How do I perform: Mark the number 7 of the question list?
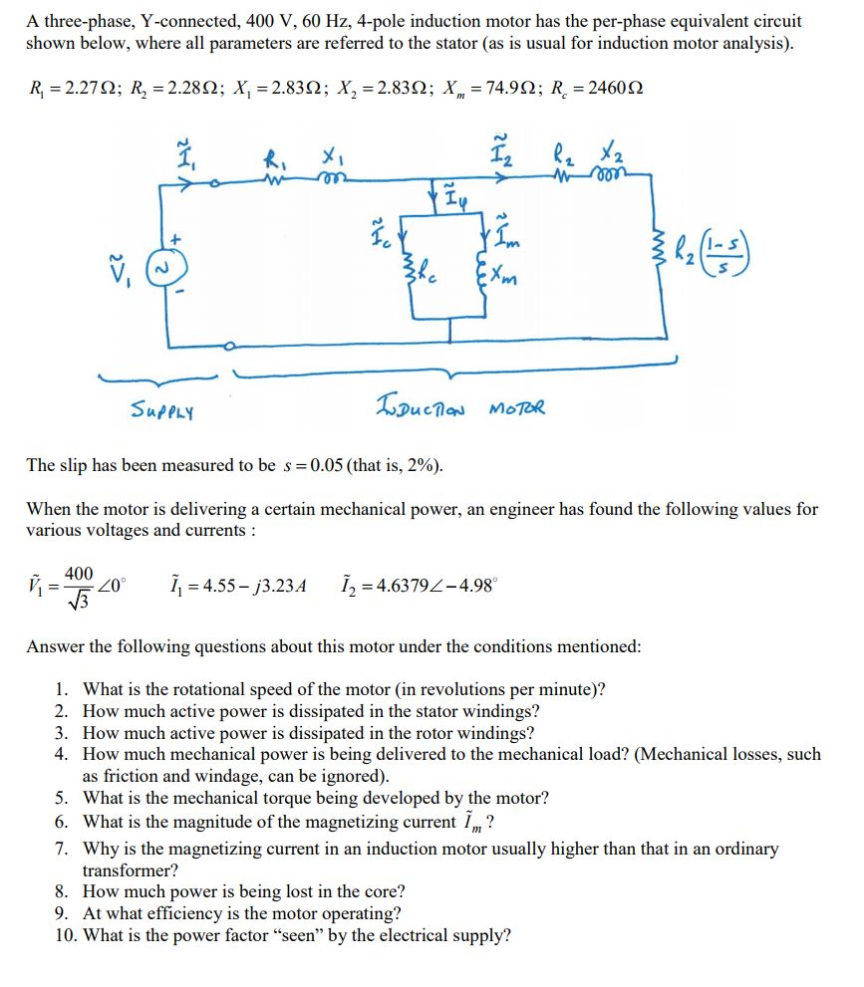tap(61, 850)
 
